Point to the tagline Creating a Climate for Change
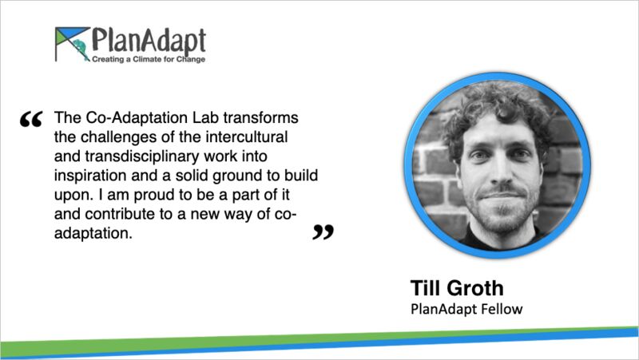[149, 59]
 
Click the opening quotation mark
[31, 119]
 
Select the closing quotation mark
[323, 231]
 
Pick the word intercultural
[247, 136]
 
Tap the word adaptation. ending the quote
[93, 234]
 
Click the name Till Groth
[457, 288]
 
